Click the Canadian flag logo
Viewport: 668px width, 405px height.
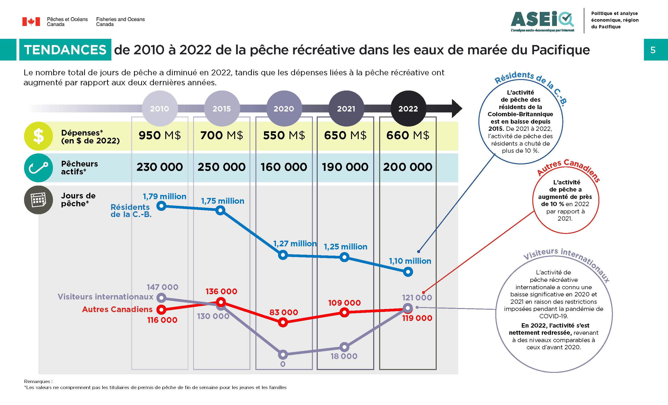pyautogui.click(x=31, y=22)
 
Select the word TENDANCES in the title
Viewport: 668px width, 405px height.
pyautogui.click(x=65, y=50)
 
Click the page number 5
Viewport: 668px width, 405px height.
pyautogui.click(x=653, y=50)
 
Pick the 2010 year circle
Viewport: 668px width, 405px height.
pyautogui.click(x=160, y=108)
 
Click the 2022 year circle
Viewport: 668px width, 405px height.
pyautogui.click(x=408, y=108)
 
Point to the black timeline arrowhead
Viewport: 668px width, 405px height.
pyautogui.click(x=457, y=108)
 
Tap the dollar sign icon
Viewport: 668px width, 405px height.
pyautogui.click(x=38, y=136)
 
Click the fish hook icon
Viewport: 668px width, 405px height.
pyautogui.click(x=38, y=168)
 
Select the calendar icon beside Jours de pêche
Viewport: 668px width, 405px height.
pyautogui.click(x=38, y=200)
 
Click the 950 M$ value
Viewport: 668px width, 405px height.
pyautogui.click(x=160, y=135)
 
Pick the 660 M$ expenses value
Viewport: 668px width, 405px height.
pyautogui.click(x=408, y=135)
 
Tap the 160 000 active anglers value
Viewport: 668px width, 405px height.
pyautogui.click(x=284, y=167)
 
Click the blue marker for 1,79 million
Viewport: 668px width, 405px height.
pyautogui.click(x=161, y=206)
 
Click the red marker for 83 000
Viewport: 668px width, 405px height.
pyautogui.click(x=283, y=322)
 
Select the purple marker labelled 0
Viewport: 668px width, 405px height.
pyautogui.click(x=283, y=354)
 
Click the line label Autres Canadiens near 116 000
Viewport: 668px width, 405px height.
pyautogui.click(x=117, y=309)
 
